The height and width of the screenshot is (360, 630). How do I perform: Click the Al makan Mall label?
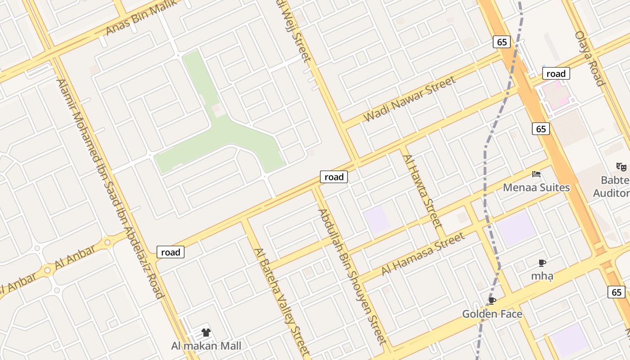coord(206,346)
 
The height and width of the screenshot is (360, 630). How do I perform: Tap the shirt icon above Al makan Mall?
coord(206,333)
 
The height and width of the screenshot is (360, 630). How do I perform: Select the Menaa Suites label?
coord(536,187)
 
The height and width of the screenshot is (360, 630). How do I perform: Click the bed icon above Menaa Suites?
coord(536,174)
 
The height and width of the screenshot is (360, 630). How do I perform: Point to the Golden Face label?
coord(492,314)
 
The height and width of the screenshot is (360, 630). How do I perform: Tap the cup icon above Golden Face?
coord(492,301)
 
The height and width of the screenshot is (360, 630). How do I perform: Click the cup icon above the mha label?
coord(542,263)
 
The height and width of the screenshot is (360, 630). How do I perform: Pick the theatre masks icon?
coord(621,167)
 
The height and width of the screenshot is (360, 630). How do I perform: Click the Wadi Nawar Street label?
coord(409,99)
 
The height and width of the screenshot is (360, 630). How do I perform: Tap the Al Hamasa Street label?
coord(423,254)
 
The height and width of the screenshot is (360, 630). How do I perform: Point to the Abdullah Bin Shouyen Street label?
coord(352,276)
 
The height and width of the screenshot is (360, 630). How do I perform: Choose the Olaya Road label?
coord(589,58)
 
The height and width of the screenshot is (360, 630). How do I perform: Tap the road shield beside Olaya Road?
coord(556,74)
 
